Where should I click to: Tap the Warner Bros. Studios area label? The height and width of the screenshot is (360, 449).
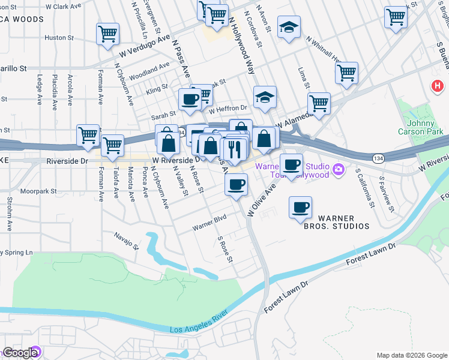[x=343, y=222]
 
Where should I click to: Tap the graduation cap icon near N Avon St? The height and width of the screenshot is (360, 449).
[x=289, y=26]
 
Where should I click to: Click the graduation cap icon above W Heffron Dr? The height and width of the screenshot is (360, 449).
[x=264, y=98]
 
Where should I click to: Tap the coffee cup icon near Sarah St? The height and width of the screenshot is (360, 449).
[x=190, y=99]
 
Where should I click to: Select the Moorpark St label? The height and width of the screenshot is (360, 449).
[x=37, y=191]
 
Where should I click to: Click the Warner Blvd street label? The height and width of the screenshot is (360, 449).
[x=209, y=223]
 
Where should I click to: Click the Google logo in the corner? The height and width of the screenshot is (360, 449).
[x=20, y=353]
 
